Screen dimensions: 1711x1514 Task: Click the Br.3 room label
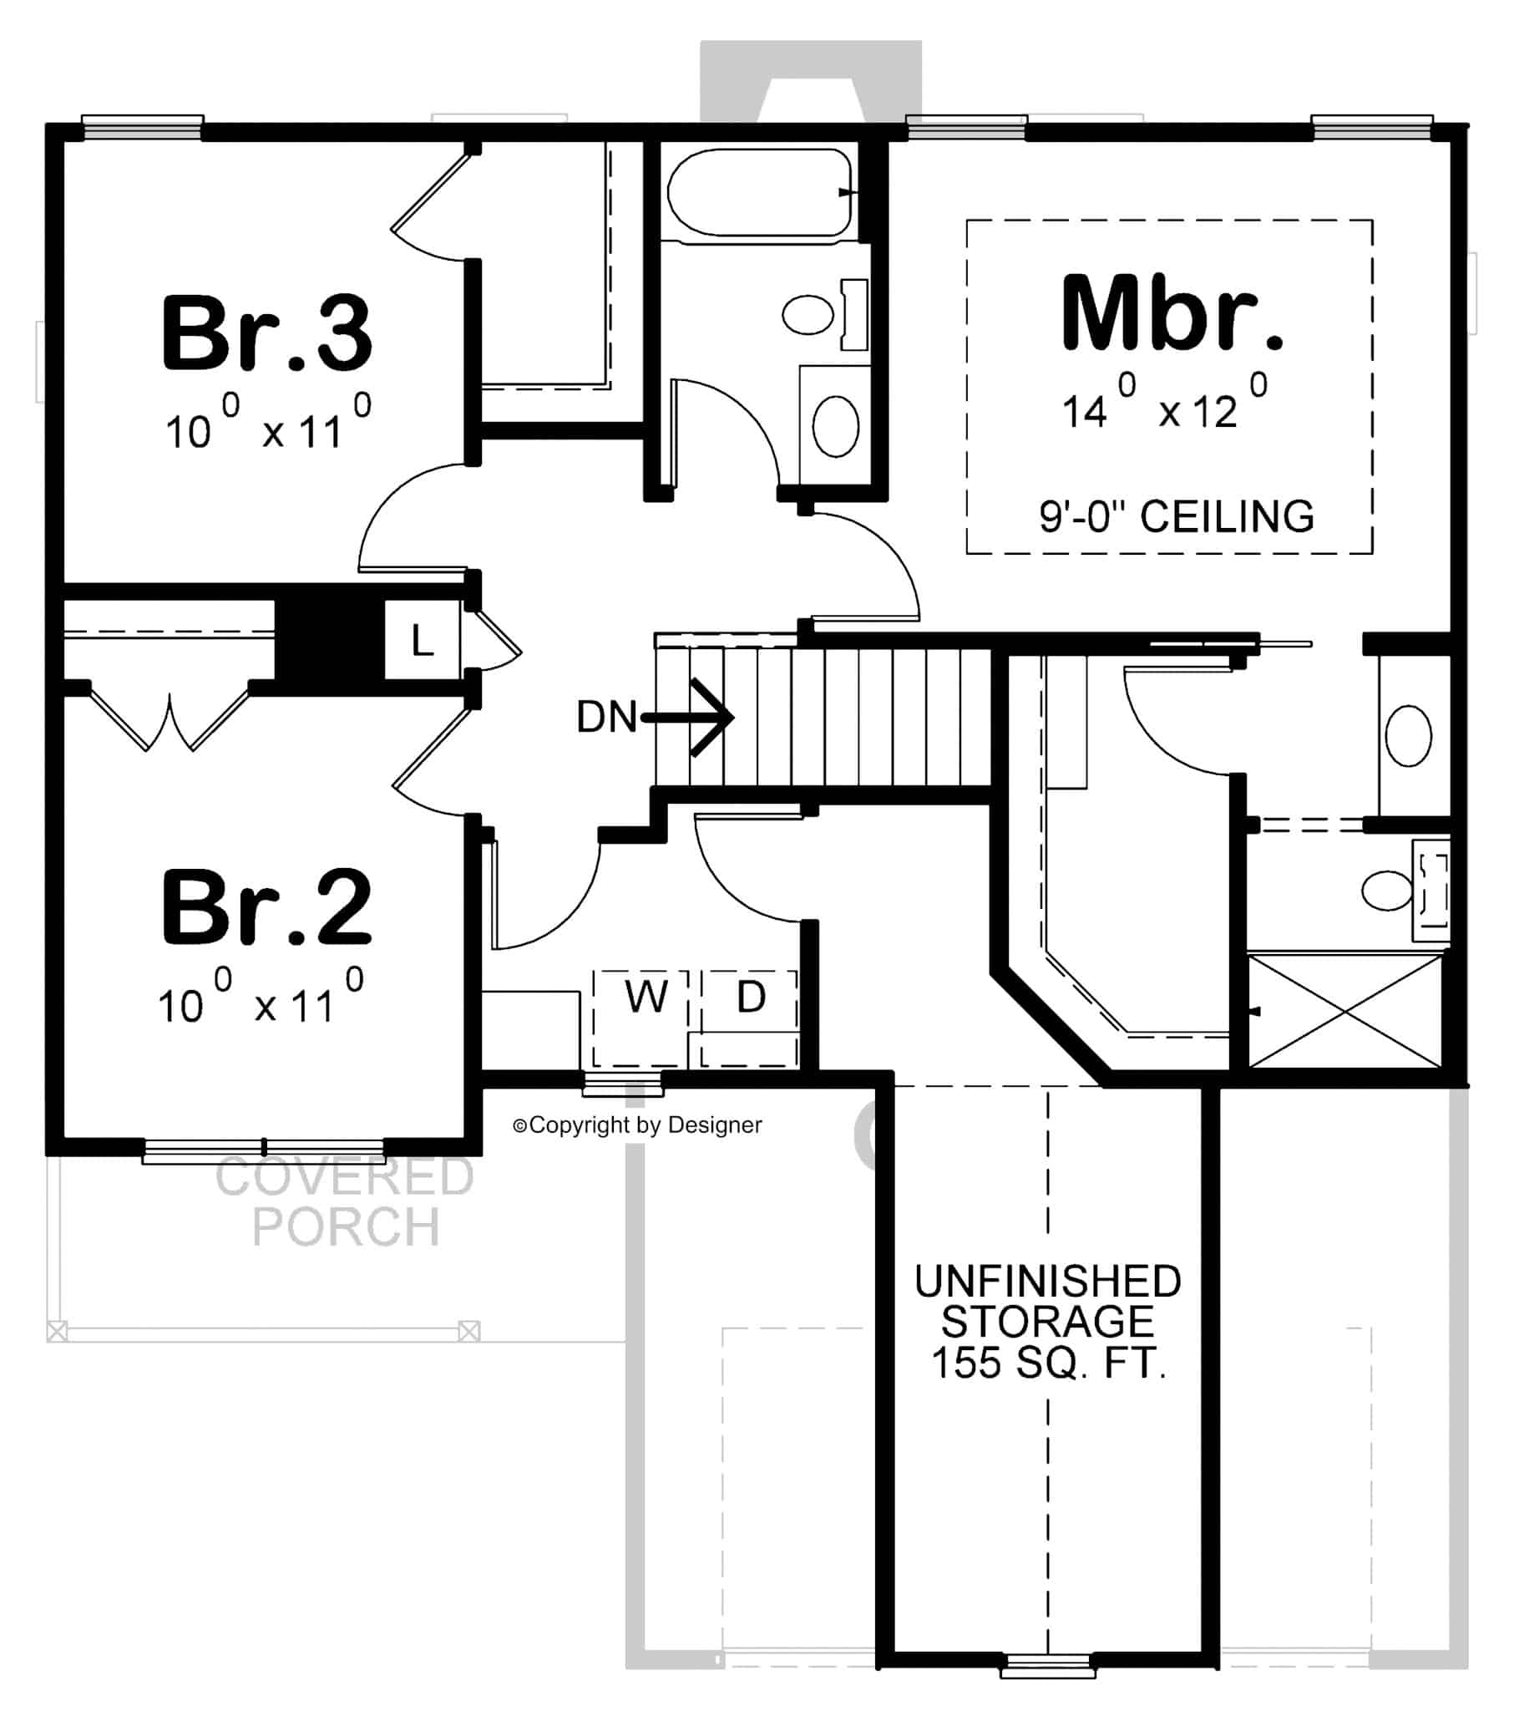pyautogui.click(x=266, y=333)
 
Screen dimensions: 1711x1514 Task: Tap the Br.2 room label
pyautogui.click(x=266, y=907)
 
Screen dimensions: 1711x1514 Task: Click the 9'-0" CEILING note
pyautogui.click(x=1177, y=516)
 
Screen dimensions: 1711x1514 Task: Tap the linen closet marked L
pyautogui.click(x=422, y=641)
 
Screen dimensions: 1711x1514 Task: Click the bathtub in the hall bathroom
pyautogui.click(x=758, y=192)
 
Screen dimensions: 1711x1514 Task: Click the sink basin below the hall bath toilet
pyautogui.click(x=835, y=426)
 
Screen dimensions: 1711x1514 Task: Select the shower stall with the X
pyautogui.click(x=1345, y=1011)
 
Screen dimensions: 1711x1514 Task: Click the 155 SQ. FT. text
pyautogui.click(x=1048, y=1362)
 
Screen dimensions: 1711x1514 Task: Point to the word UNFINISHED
pyautogui.click(x=1048, y=1282)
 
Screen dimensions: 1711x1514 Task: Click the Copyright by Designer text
pyautogui.click(x=638, y=1125)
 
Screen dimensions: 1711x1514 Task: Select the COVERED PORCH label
pyautogui.click(x=345, y=1201)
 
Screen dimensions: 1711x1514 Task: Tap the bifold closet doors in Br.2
pyautogui.click(x=169, y=718)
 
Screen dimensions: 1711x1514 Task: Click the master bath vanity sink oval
pyautogui.click(x=1409, y=736)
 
